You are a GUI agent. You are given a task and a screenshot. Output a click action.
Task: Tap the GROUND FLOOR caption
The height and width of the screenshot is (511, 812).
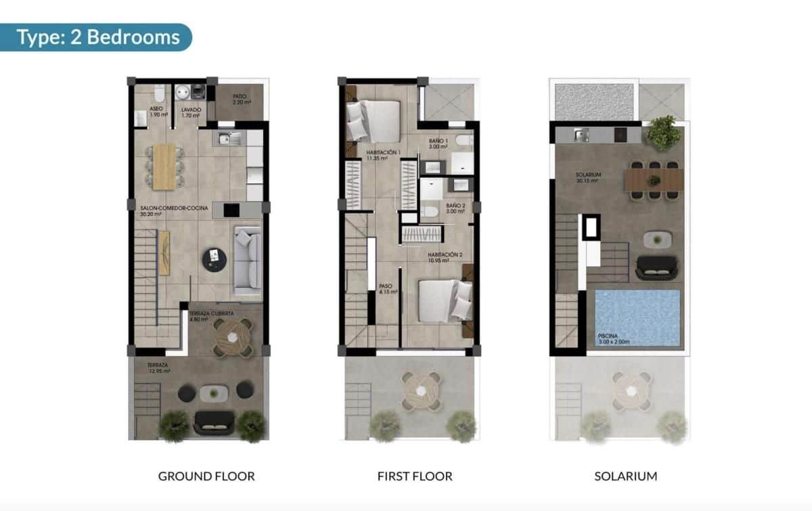point(206,476)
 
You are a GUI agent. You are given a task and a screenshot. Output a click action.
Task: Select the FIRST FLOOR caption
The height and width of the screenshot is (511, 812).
point(415,476)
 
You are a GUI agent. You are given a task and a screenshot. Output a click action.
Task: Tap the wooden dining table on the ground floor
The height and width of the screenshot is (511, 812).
point(164,166)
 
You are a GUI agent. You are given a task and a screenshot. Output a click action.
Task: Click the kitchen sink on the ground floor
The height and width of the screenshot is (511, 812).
point(229,139)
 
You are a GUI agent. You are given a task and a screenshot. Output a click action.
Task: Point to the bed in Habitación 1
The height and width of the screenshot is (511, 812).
point(373,120)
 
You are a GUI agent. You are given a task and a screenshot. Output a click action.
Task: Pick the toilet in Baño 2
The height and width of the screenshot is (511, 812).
point(428,213)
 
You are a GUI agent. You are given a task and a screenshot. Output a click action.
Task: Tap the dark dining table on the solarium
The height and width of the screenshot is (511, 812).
point(654,180)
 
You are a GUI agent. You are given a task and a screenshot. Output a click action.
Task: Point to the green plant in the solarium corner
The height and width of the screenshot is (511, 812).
point(663,132)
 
